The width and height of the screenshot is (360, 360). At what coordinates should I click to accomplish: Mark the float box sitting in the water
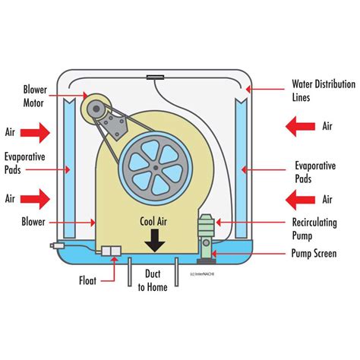pyautogui.click(x=111, y=251)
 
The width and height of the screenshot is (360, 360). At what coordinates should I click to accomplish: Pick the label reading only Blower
pyautogui.click(x=33, y=223)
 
